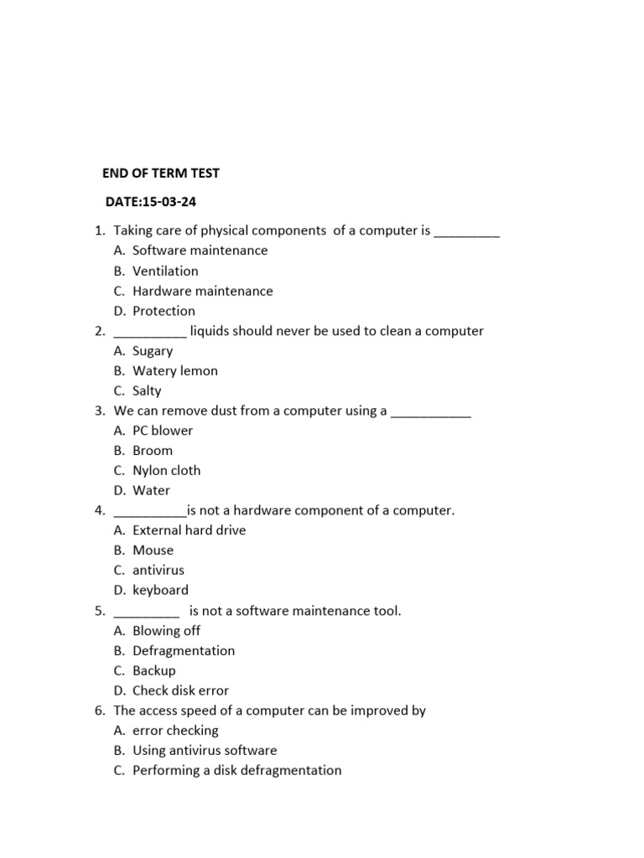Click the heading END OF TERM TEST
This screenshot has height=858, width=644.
160,173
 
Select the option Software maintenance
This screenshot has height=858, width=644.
200,251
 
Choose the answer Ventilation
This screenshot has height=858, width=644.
165,271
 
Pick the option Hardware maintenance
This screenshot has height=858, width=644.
202,291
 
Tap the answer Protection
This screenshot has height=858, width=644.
164,311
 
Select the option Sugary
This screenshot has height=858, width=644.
153,351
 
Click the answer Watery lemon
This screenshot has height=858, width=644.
174,370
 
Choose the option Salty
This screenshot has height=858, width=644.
147,390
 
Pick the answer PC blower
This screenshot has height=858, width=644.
163,431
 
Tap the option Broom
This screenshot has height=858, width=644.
153,451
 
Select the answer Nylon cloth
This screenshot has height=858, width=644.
166,471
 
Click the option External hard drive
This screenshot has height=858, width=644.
189,530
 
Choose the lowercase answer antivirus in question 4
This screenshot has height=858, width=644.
158,571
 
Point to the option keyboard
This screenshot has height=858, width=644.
160,591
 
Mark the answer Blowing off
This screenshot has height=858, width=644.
166,631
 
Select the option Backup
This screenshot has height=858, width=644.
154,670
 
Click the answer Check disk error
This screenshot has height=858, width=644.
180,691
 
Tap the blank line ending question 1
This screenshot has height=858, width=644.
466,235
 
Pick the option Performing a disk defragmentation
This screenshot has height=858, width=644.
236,770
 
